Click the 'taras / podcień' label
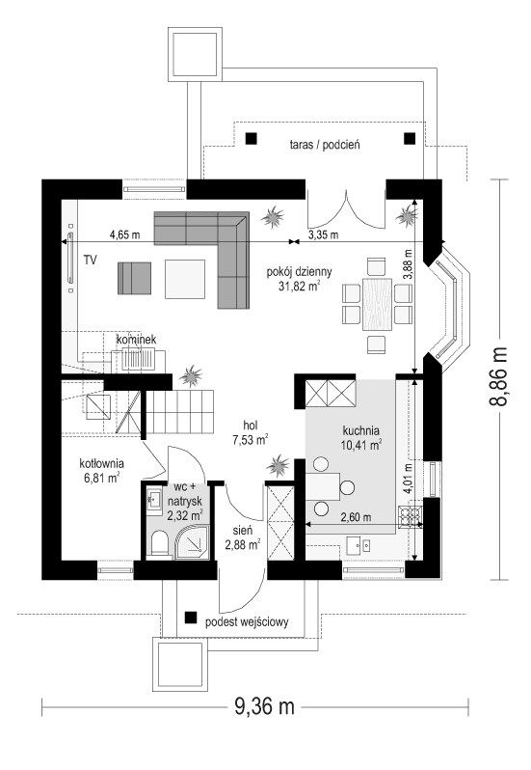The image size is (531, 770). pyautogui.click(x=324, y=145)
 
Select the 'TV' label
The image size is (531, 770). pyautogui.click(x=90, y=261)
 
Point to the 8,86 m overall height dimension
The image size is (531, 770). pyautogui.click(x=500, y=377)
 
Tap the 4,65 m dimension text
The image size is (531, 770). pyautogui.click(x=124, y=234)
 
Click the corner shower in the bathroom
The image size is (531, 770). pyautogui.click(x=193, y=544)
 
